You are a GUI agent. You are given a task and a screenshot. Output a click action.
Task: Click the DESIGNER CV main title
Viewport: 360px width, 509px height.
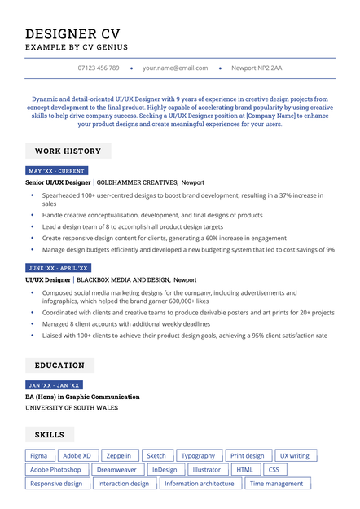coord(72,33)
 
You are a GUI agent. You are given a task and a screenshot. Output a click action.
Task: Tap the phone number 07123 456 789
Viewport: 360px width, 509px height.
coord(99,68)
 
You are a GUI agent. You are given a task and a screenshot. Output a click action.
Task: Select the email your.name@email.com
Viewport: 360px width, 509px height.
coord(175,68)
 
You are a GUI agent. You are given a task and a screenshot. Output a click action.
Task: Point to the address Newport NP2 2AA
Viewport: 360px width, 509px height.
coord(257,68)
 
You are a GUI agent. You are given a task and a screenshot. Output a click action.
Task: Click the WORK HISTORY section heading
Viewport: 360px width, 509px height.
coord(68,151)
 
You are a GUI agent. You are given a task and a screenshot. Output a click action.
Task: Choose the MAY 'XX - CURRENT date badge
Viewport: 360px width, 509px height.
coord(56,171)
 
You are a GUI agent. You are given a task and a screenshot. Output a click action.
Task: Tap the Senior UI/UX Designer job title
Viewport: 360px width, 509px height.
coord(58,182)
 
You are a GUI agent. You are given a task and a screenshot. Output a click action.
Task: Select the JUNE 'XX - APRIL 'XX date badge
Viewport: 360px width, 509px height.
coord(59,268)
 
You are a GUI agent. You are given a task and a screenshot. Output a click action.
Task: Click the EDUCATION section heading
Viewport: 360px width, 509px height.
coord(59,366)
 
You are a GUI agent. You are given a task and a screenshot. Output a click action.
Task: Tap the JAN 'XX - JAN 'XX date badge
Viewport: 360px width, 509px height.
coord(54,385)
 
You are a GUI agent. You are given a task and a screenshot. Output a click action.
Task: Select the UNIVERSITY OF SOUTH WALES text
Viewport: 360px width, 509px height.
coord(72,407)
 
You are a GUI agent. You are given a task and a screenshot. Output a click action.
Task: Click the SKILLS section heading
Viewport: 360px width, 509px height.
coord(49,435)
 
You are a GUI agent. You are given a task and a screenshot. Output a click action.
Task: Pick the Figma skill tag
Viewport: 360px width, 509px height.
coord(39,456)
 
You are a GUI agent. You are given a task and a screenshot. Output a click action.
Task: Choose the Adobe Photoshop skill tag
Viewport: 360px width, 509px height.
coord(55,470)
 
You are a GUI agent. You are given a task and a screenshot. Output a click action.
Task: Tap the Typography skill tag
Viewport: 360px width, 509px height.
coord(198,456)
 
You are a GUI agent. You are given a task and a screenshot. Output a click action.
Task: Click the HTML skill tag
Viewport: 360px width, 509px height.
coord(244,470)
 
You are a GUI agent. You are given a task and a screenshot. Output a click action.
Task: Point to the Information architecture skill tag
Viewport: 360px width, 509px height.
coord(199,484)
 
